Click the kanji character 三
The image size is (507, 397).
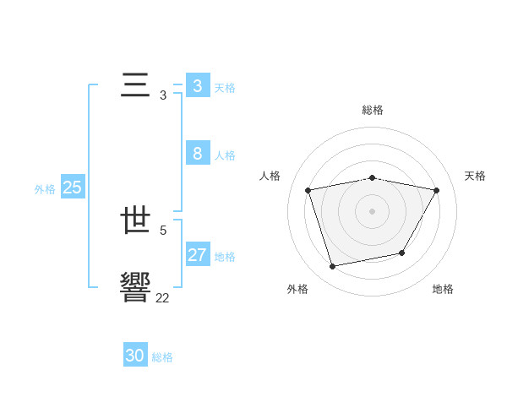tap(136, 86)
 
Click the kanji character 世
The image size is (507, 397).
tap(136, 221)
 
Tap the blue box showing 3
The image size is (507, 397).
tap(197, 86)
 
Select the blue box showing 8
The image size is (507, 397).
tap(197, 154)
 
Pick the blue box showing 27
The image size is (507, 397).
tap(197, 255)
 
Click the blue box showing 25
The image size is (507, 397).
tap(72, 188)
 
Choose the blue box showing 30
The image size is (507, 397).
tap(135, 356)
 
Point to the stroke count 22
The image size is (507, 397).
tap(162, 298)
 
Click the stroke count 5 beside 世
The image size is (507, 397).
tap(163, 230)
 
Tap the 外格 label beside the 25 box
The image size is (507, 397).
tap(45, 189)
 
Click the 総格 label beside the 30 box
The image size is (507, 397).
tap(162, 357)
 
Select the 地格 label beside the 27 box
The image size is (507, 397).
tap(225, 257)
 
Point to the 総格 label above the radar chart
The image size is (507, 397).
tap(373, 110)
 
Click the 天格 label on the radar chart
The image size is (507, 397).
tap(475, 176)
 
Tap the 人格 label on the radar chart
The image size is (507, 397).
tap(270, 176)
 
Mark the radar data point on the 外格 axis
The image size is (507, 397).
tap(333, 266)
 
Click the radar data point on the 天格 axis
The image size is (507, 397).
tap(436, 190)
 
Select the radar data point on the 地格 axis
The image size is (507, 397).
tap(402, 253)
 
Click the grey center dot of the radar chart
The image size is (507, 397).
tap(373, 210)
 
